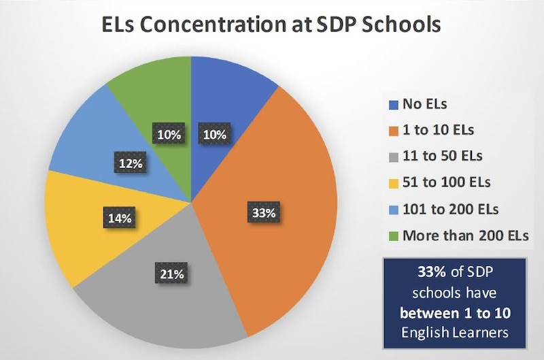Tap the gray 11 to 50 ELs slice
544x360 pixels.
(x=170, y=299)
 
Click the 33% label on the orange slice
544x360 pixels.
(x=263, y=213)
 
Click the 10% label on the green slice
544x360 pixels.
(x=169, y=134)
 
